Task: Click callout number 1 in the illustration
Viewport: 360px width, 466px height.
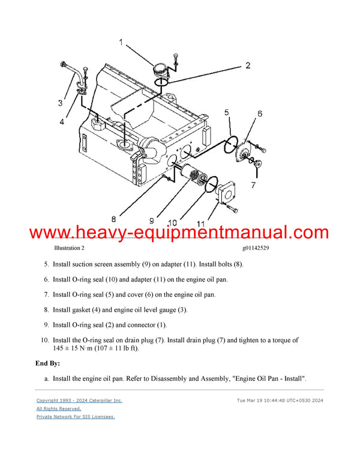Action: [121, 43]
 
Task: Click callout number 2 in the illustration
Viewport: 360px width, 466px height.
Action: [248, 65]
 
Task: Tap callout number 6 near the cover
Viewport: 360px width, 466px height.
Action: [260, 113]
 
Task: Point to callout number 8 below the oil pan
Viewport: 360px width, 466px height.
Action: [113, 219]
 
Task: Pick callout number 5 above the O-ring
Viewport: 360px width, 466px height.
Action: [227, 112]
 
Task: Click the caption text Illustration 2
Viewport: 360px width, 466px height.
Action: [70, 248]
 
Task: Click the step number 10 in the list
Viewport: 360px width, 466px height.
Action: [44, 340]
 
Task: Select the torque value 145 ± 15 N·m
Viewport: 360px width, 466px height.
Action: [74, 348]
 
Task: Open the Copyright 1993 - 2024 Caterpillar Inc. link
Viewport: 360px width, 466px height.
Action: [79, 400]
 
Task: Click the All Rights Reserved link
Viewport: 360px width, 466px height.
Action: [59, 408]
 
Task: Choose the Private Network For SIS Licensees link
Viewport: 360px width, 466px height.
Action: [76, 416]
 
